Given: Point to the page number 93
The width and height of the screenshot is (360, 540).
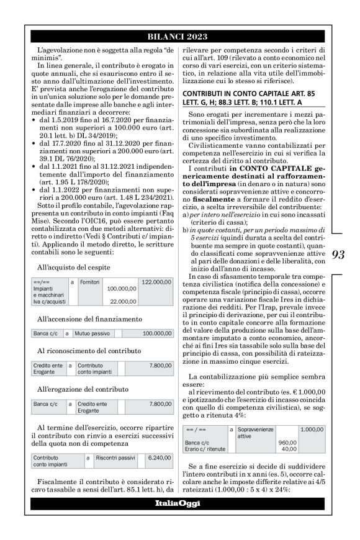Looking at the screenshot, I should (338, 254).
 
